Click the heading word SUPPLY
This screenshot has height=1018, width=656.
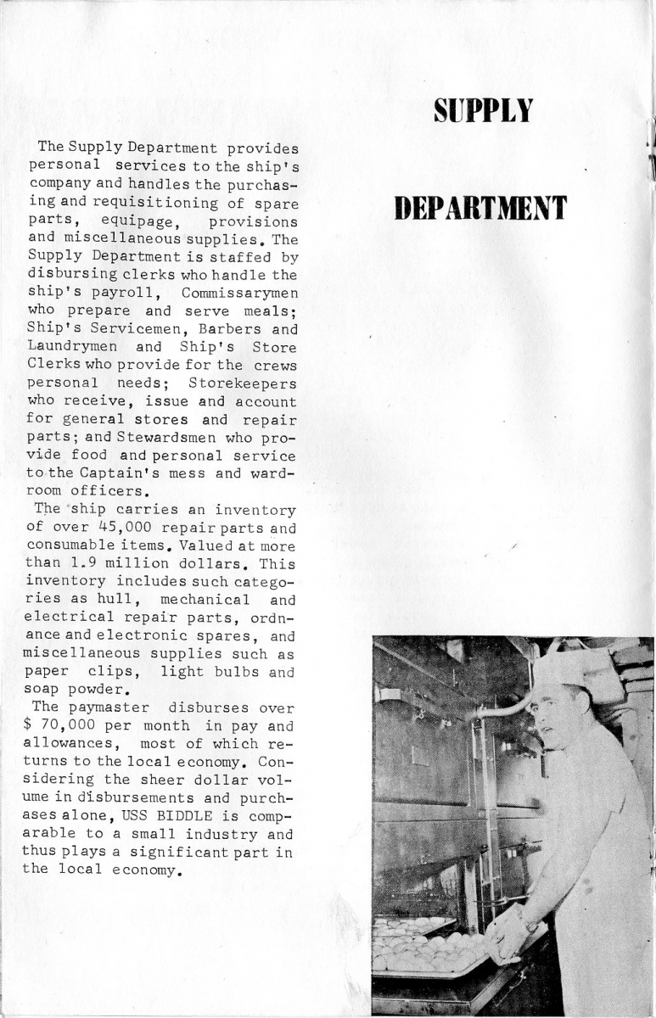tap(483, 109)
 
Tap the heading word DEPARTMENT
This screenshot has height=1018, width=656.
tap(480, 207)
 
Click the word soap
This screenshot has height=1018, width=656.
tap(45, 691)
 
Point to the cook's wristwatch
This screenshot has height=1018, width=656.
tap(531, 926)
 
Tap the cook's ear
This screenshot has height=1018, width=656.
tap(585, 705)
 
